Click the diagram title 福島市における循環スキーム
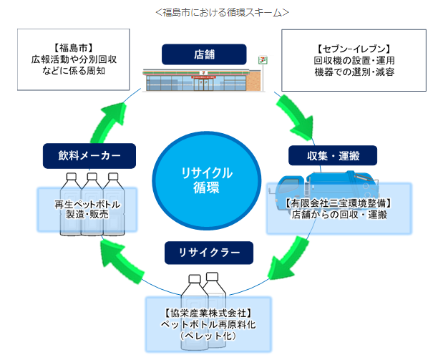221,12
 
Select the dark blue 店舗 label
204,54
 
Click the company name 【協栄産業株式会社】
207,313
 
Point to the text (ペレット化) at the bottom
207,336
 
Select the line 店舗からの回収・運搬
339,215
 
